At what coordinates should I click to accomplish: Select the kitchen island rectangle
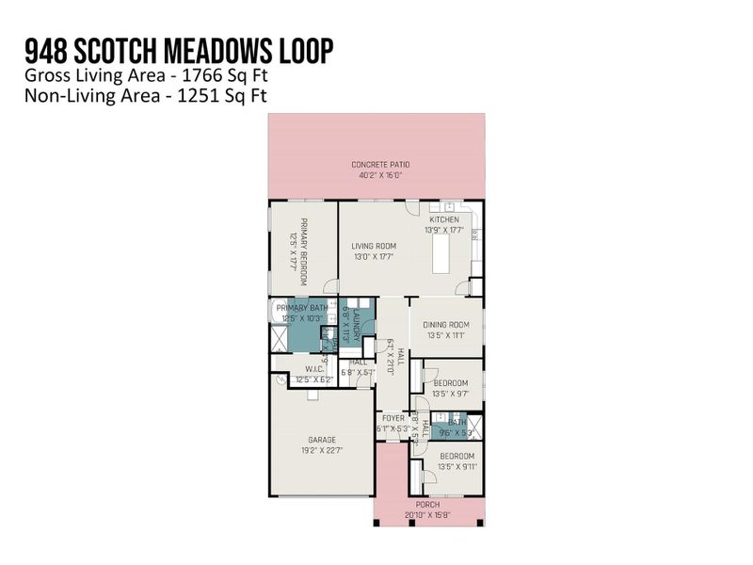point(438,255)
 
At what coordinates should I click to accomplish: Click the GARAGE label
point(322,439)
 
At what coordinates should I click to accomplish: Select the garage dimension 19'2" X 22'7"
point(322,450)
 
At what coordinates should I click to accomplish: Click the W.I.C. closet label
point(314,369)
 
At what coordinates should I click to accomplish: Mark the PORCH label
point(427,504)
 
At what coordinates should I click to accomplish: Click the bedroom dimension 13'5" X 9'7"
point(451,395)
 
